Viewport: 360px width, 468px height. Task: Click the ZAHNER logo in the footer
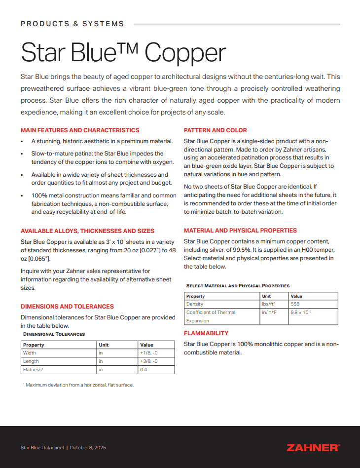coord(313,447)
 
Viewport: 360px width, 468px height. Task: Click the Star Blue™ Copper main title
coord(123,52)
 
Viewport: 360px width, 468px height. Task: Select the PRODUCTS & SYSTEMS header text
coord(72,24)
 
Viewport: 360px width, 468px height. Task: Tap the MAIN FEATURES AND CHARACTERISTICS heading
coord(80,130)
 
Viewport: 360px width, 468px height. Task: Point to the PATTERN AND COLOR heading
coord(216,130)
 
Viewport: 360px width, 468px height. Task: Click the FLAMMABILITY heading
coord(206,333)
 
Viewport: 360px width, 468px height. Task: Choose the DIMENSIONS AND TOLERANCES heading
coord(67,306)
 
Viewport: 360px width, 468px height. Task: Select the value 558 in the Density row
coord(295,304)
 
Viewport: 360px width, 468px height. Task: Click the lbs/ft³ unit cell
coord(268,304)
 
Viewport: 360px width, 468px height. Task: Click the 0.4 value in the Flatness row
coord(144,369)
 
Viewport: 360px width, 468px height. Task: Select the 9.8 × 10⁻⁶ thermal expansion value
coord(301,312)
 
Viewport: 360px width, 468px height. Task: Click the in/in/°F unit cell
coord(269,312)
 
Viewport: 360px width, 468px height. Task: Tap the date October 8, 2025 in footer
coord(88,448)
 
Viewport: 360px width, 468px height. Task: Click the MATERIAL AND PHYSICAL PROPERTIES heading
coord(240,231)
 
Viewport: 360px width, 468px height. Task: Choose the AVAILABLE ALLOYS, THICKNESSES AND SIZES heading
coord(87,231)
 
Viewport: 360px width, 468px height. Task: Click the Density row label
coord(195,304)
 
